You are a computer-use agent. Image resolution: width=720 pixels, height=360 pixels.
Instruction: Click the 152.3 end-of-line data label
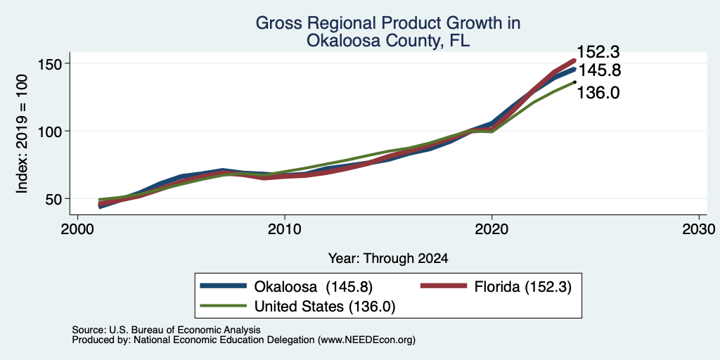(598, 52)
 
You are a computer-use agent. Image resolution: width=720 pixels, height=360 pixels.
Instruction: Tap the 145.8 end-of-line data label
(599, 71)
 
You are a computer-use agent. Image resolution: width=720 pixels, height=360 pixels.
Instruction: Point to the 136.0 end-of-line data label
(598, 93)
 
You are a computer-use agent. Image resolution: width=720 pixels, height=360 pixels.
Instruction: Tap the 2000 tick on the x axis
(77, 229)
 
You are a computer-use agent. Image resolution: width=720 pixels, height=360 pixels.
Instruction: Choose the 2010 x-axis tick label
(285, 229)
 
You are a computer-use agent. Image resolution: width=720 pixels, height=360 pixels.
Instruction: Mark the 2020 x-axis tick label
(491, 229)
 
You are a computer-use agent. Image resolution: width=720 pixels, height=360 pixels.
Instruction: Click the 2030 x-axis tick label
(699, 229)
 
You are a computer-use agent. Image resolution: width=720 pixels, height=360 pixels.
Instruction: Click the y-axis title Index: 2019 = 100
(22, 134)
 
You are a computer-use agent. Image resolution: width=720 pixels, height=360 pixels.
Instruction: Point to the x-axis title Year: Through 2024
(388, 259)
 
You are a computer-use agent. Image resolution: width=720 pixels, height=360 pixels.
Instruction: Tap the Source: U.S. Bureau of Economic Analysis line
(167, 330)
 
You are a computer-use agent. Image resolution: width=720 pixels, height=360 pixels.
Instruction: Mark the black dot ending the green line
(574, 82)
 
